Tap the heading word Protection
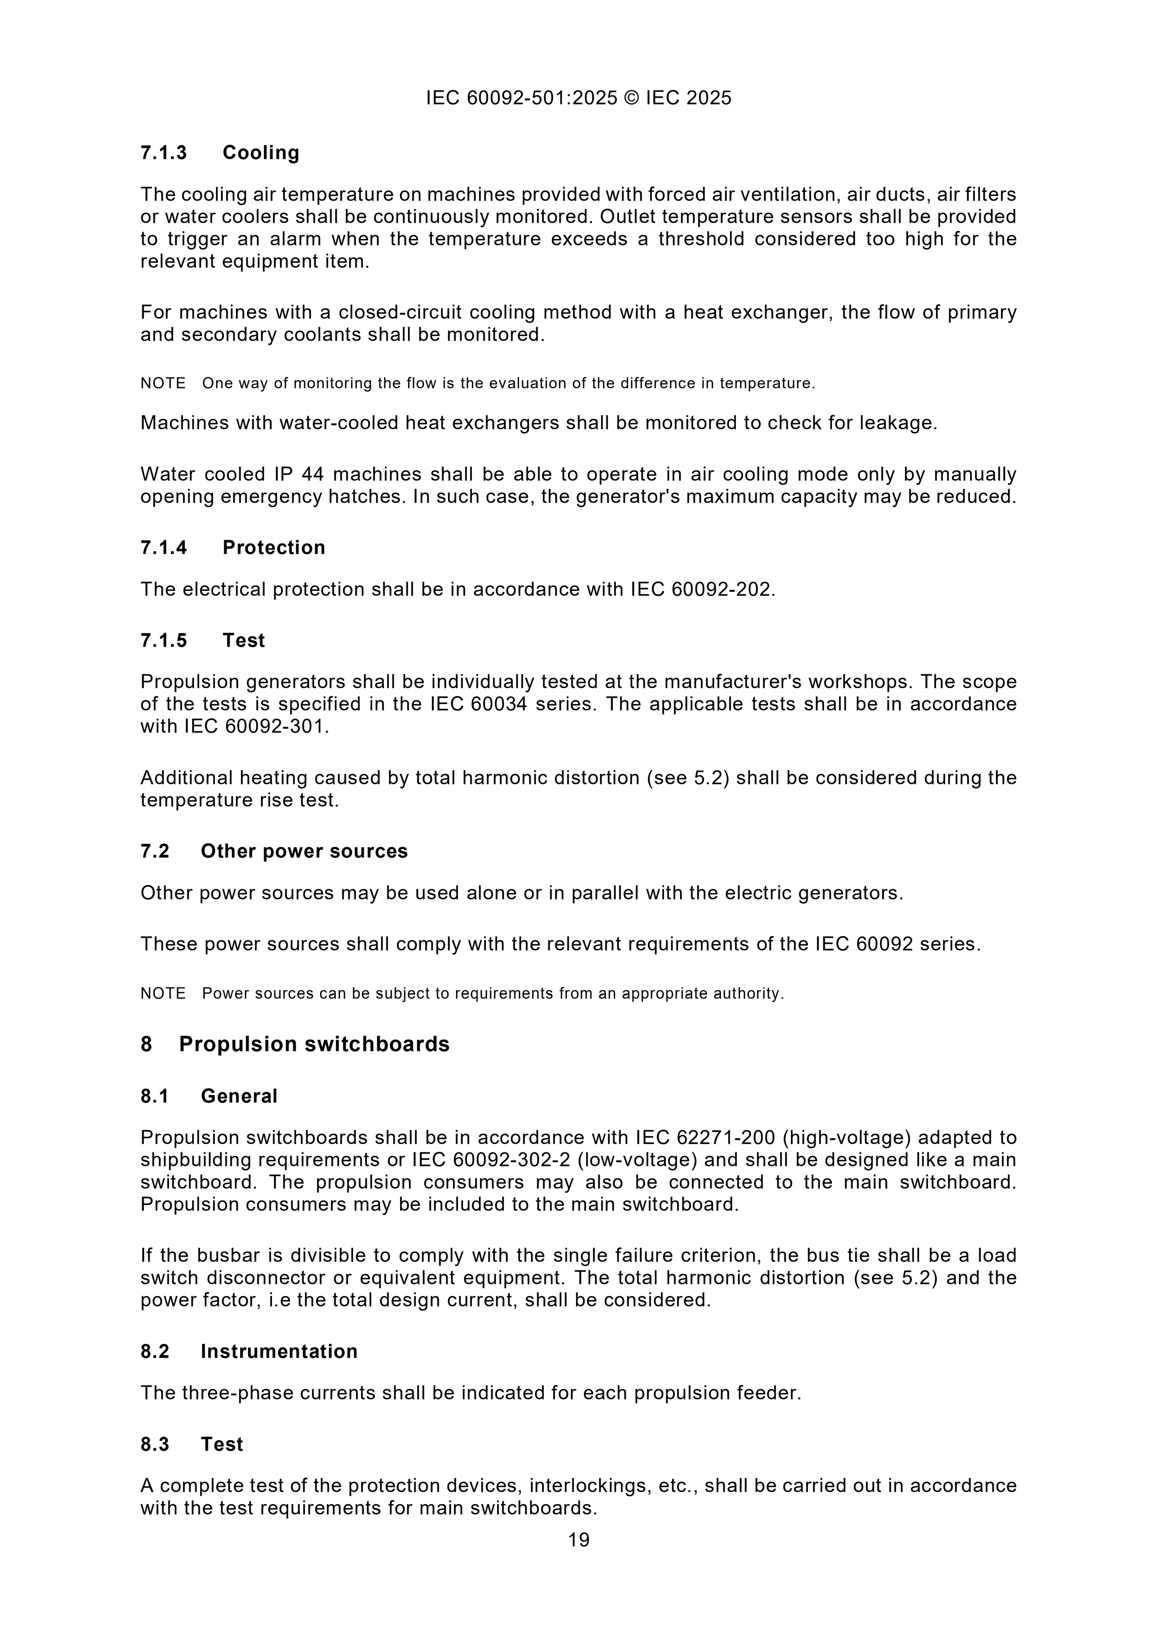click(x=274, y=548)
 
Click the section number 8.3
click(x=155, y=1444)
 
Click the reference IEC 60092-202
click(x=701, y=590)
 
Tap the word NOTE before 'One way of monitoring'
click(x=163, y=383)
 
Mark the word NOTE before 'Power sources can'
click(x=163, y=993)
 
